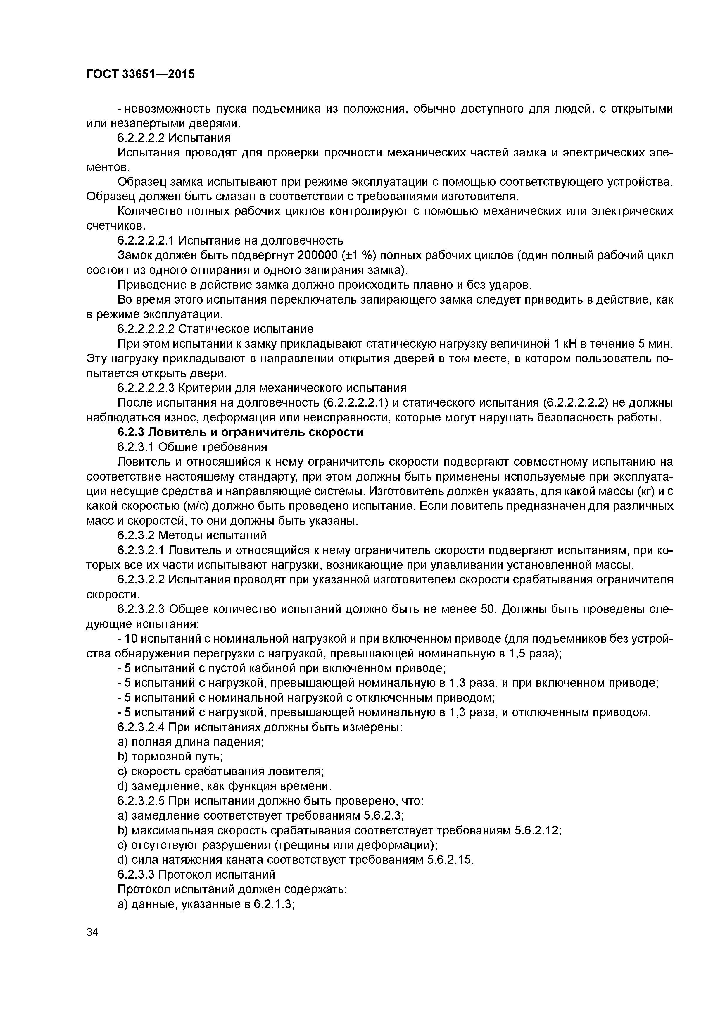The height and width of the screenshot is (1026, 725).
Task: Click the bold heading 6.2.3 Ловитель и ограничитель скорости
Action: [x=240, y=432]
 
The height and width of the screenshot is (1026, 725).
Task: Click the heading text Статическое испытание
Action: [x=246, y=329]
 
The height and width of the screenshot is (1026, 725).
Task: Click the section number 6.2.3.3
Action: [x=136, y=874]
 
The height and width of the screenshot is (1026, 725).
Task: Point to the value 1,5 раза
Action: [x=534, y=653]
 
